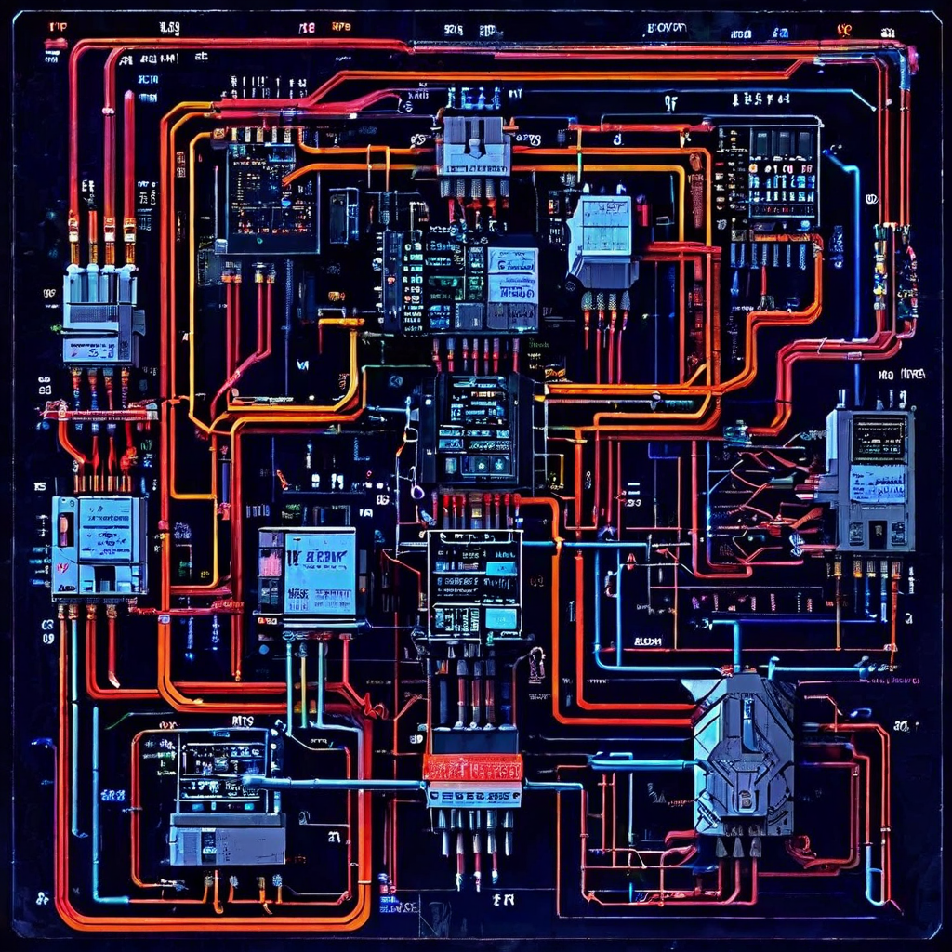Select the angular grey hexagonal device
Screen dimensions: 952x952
tap(744, 753)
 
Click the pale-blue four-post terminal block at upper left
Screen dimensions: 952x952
tap(101, 311)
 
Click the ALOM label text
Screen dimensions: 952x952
tap(647, 641)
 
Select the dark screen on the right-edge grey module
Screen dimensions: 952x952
tap(879, 438)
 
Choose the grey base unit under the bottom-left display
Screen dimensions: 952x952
tap(227, 841)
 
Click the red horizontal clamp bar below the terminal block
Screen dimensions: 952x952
tap(98, 409)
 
